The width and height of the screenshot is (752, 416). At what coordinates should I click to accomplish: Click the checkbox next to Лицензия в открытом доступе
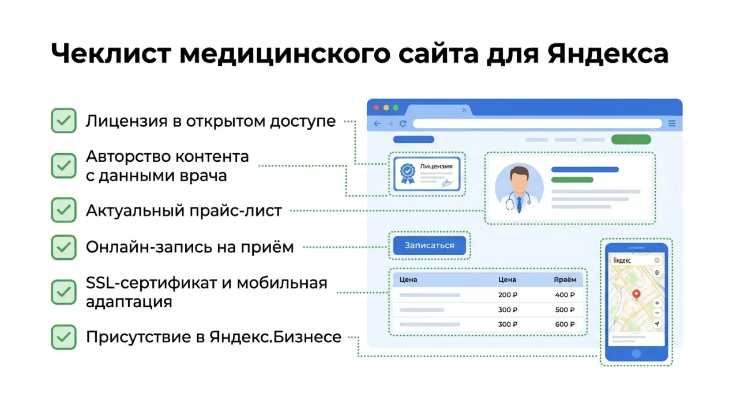(63, 121)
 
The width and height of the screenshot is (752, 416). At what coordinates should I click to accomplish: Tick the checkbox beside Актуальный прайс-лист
(63, 210)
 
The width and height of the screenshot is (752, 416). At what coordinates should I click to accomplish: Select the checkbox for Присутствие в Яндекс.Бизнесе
(63, 337)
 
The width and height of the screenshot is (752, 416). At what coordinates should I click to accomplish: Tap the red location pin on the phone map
(636, 294)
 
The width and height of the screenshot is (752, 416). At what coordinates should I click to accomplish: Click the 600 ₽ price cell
(565, 324)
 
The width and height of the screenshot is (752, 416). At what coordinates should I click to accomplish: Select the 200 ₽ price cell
(507, 295)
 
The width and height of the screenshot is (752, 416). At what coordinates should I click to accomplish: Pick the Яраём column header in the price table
(565, 280)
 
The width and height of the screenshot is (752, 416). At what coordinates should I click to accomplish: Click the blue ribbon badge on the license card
(408, 172)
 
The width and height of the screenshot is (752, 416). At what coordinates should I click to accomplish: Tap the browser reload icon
(403, 123)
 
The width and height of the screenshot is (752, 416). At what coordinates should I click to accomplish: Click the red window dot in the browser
(377, 108)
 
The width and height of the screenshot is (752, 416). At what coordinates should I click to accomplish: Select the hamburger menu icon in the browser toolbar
(672, 123)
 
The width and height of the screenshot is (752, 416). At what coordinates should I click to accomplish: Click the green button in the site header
(631, 139)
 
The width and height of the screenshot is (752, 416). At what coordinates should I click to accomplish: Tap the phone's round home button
(636, 353)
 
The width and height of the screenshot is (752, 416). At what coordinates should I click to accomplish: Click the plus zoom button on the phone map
(657, 303)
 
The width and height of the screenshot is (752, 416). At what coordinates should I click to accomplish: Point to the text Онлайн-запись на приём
(190, 247)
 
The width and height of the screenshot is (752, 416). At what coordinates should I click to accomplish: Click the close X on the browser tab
(465, 109)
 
